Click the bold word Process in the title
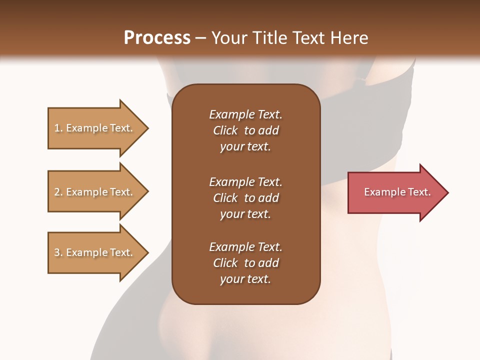pyautogui.click(x=157, y=38)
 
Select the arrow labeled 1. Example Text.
pyautogui.click(x=95, y=128)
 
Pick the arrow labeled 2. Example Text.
pyautogui.click(x=95, y=192)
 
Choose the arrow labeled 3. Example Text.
pyautogui.click(x=95, y=252)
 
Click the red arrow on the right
pyautogui.click(x=395, y=192)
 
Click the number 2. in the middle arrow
pyautogui.click(x=58, y=192)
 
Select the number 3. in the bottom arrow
pyautogui.click(x=58, y=252)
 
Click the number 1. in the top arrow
pyautogui.click(x=58, y=128)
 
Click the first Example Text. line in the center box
pyautogui.click(x=245, y=114)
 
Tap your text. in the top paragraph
pyautogui.click(x=245, y=146)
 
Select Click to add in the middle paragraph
pyautogui.click(x=245, y=198)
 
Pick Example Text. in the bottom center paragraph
pyautogui.click(x=245, y=247)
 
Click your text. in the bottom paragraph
pyautogui.click(x=245, y=279)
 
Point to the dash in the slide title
pyautogui.click(x=200, y=38)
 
